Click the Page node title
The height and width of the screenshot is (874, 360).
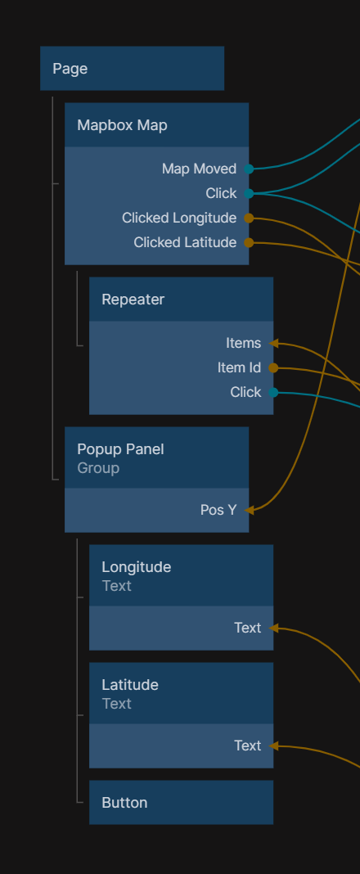pos(70,69)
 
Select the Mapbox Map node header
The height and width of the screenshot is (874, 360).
pos(156,125)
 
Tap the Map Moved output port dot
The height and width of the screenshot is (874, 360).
pos(249,169)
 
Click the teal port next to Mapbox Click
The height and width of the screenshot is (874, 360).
pos(249,193)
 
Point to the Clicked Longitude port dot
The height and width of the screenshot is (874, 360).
pos(249,218)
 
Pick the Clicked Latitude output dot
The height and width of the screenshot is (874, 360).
pos(249,242)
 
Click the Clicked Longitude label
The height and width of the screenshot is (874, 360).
pos(179,218)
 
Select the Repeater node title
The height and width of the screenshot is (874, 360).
pos(133,300)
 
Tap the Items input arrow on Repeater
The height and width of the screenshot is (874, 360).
pos(273,343)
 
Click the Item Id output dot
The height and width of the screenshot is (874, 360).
pos(273,367)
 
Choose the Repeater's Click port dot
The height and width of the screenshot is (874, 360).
pos(273,392)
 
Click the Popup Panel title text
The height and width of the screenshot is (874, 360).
pos(120,449)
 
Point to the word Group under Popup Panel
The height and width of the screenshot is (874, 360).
pos(98,468)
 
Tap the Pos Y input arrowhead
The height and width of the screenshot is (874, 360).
pos(249,510)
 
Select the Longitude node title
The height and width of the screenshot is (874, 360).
pos(136,567)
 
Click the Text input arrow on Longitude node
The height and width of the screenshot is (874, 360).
pos(273,628)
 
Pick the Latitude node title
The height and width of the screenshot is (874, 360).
pos(130,684)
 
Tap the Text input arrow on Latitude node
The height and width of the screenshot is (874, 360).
pos(273,746)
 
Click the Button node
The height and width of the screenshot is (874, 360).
pos(181,802)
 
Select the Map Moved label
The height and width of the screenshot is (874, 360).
pos(199,169)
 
